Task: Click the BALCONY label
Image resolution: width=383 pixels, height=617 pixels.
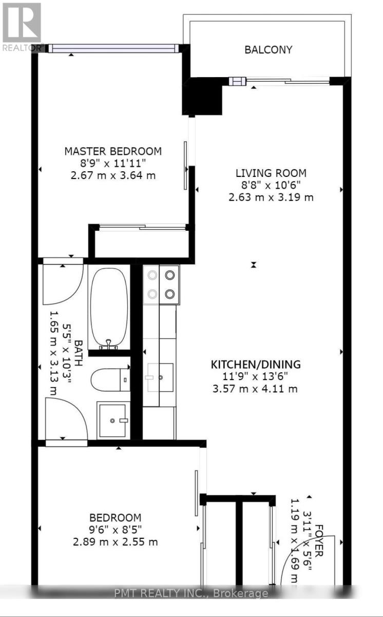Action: [x=268, y=50]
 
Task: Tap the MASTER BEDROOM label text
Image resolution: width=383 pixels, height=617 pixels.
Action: [x=113, y=151]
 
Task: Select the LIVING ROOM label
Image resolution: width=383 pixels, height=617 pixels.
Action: [x=271, y=173]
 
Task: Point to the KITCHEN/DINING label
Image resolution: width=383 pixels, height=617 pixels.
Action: [x=256, y=365]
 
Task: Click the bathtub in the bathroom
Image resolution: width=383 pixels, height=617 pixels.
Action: [x=108, y=306]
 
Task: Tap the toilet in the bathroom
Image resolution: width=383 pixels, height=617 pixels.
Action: [x=110, y=380]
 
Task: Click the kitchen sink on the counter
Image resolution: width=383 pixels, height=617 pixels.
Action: [x=159, y=377]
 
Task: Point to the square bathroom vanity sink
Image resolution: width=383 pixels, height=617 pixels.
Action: [x=112, y=420]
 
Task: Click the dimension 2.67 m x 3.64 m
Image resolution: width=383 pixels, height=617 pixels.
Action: [x=113, y=175]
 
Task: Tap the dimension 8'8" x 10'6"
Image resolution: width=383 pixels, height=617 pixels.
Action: [x=271, y=185]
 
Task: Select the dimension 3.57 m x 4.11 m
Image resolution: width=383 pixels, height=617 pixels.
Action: [x=256, y=389]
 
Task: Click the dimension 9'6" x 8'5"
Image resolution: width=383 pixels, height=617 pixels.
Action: [x=115, y=530]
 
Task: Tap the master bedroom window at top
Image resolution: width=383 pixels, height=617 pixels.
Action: [x=114, y=49]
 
